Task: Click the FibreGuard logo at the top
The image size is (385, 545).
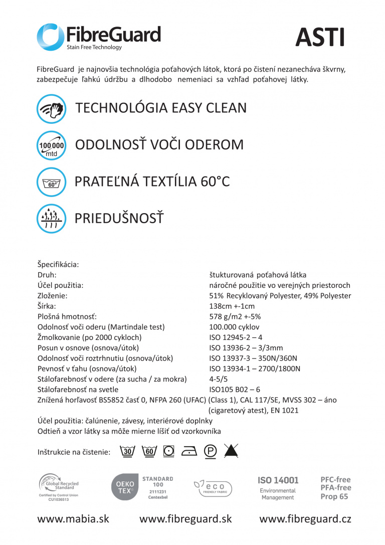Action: [x=99, y=37]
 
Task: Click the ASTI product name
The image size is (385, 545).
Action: [x=320, y=37]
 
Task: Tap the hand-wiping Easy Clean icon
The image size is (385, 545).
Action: [x=51, y=109]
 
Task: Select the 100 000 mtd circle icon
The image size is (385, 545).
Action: [x=51, y=145]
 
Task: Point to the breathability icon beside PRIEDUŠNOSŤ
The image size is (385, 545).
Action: [x=51, y=219]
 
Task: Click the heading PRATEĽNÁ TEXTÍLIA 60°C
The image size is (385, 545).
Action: [x=152, y=181]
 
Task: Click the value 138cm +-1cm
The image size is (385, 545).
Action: [x=232, y=306]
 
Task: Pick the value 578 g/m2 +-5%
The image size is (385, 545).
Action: [x=235, y=317]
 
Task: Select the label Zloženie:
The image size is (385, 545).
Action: [x=53, y=296]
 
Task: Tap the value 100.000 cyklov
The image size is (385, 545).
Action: [x=234, y=327]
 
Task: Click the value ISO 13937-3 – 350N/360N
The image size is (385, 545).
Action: [x=253, y=358]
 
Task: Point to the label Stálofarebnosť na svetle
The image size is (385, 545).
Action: [x=78, y=390]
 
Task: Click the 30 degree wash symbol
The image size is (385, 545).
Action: [x=128, y=451]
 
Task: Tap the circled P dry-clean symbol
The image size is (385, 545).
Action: [x=210, y=451]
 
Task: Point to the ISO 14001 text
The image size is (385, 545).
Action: [x=278, y=480]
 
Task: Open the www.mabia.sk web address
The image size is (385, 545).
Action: [x=73, y=519]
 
